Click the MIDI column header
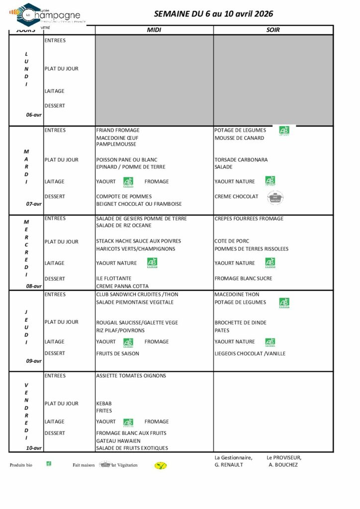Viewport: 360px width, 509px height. [154, 30]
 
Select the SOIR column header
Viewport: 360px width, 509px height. [273, 30]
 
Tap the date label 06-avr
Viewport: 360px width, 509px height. [34, 115]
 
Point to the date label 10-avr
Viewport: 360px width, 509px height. [34, 448]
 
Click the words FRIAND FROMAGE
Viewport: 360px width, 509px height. [118, 130]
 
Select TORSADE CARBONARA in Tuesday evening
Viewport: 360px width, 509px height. [241, 160]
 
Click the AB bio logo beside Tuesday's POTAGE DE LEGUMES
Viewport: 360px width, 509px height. [284, 131]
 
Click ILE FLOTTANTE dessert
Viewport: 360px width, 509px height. [114, 278]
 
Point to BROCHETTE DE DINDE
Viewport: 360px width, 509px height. [241, 323]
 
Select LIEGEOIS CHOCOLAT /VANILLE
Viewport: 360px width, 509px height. [250, 353]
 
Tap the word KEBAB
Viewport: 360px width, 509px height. [104, 404]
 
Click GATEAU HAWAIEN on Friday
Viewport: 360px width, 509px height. [118, 441]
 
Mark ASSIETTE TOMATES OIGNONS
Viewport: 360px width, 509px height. [131, 376]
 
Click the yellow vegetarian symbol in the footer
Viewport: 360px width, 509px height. [161, 466]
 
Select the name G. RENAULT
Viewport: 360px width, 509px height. [229, 465]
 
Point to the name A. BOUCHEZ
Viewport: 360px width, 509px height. [283, 465]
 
